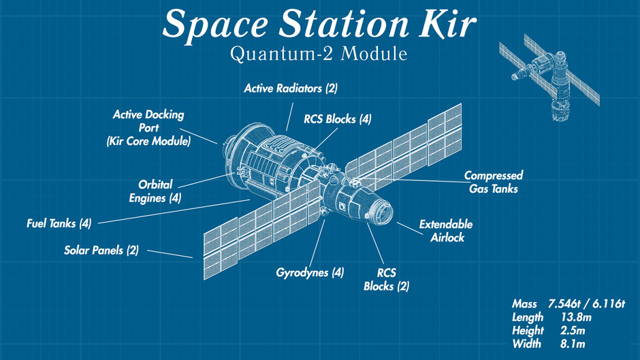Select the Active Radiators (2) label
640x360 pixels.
[291, 88]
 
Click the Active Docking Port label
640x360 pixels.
[148, 128]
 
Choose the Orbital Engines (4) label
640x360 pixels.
[156, 191]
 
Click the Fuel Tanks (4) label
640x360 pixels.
[59, 223]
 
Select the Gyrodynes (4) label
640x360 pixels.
[310, 272]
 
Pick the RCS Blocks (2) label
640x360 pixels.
[387, 280]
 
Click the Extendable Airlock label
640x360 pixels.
[446, 231]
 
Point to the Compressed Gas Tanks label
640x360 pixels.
[494, 182]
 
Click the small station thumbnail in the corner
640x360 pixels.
[551, 82]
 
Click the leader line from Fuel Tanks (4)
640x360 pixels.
[170, 210]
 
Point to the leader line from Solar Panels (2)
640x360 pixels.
[170, 254]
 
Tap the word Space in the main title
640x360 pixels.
[212, 24]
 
